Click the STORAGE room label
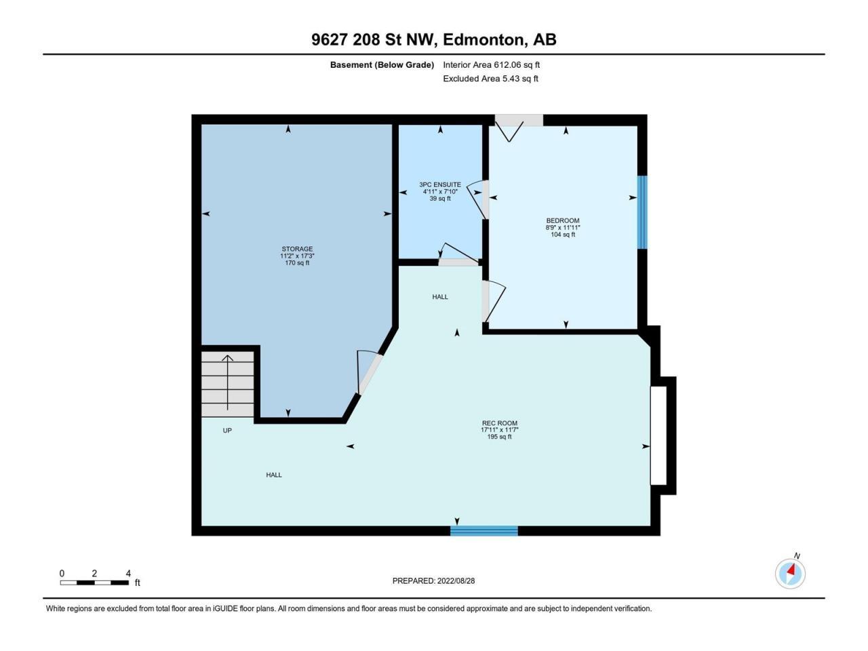tap(297, 249)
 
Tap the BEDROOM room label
tap(563, 220)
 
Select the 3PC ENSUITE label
tap(440, 184)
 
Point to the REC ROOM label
tap(500, 423)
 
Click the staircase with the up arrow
tap(227, 384)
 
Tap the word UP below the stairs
tap(227, 431)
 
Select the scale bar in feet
tap(94, 583)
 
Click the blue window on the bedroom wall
tap(643, 212)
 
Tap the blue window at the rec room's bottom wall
tap(484, 531)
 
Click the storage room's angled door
tap(368, 372)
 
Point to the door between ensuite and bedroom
tap(477, 199)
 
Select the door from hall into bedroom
tap(493, 301)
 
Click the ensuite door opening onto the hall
tap(458, 255)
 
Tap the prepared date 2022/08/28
tap(433, 580)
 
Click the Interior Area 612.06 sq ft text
tap(491, 65)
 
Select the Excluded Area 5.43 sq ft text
tap(490, 79)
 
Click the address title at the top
tap(434, 39)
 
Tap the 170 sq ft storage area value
tap(297, 263)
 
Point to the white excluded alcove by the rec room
tap(659, 435)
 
